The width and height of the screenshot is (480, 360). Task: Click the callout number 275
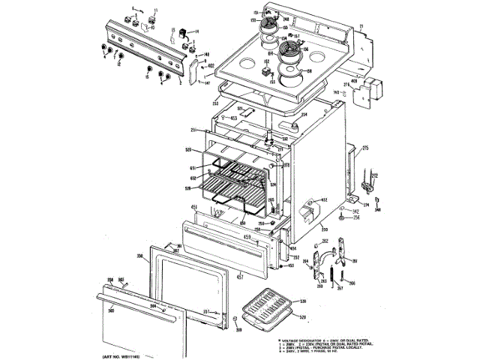click(x=367, y=148)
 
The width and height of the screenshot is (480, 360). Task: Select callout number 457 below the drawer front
click(x=240, y=278)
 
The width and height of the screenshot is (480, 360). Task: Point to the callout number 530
click(x=303, y=301)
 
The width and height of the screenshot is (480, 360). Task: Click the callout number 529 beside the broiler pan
click(x=303, y=318)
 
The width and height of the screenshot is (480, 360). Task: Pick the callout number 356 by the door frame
click(x=139, y=257)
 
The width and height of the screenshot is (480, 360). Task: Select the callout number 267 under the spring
click(x=339, y=287)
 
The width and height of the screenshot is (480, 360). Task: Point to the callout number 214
click(x=304, y=114)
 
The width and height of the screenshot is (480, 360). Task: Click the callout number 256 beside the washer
click(x=357, y=218)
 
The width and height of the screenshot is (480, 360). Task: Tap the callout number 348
click(x=378, y=210)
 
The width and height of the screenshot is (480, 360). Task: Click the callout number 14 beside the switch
click(x=196, y=31)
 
